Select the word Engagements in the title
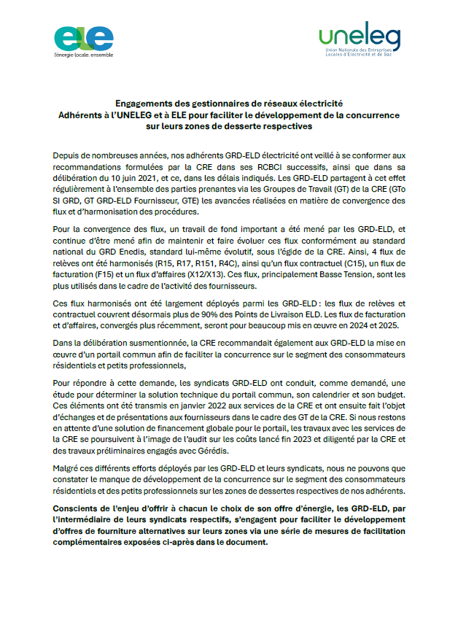click(148, 104)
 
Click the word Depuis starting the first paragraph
click(66, 158)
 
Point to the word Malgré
click(67, 468)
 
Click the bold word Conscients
click(79, 508)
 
